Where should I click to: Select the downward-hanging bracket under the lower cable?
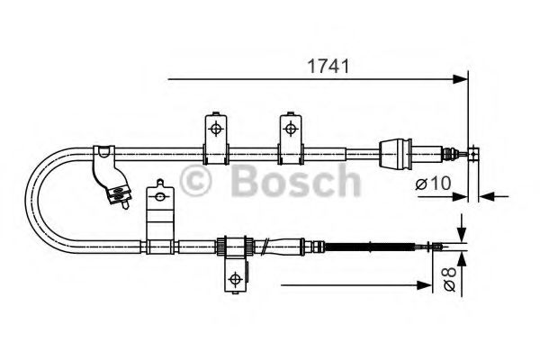click(233, 274)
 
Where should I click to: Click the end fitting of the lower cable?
click(438, 245)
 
